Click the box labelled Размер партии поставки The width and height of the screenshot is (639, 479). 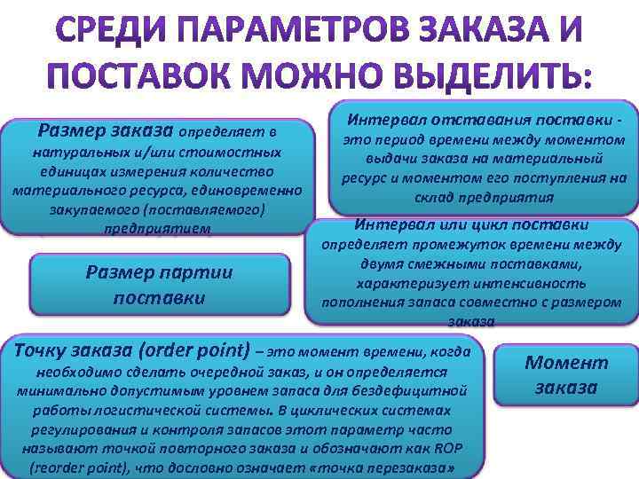(x=160, y=284)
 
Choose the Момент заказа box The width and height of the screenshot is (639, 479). (x=565, y=373)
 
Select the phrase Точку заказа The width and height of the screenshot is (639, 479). (x=67, y=349)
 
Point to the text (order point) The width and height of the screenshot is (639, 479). (x=188, y=349)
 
